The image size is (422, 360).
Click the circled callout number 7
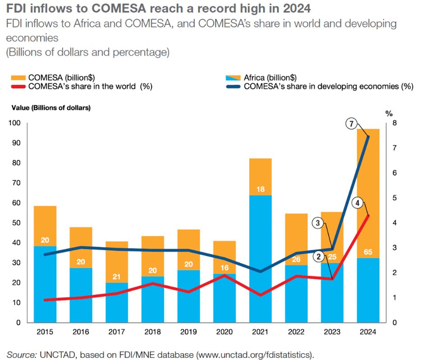pos(350,123)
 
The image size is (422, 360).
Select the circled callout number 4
pos(357,203)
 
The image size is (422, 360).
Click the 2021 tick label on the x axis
pos(260,332)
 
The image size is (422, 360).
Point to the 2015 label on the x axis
pos(45,332)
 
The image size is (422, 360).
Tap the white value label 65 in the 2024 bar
pos(368,252)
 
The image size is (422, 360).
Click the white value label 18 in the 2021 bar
pos(260,190)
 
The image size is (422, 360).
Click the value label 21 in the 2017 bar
pos(117,277)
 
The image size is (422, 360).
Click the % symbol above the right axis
pos(389,113)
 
